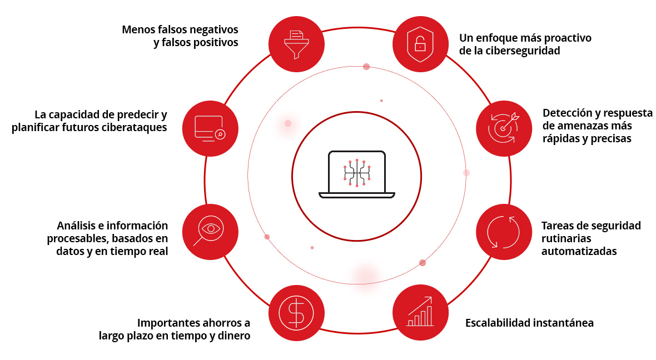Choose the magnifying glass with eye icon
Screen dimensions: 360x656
pos(210,232)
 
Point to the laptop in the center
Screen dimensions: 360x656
pos(357,174)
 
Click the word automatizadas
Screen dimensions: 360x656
pos(579,251)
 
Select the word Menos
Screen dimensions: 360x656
pos(137,29)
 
